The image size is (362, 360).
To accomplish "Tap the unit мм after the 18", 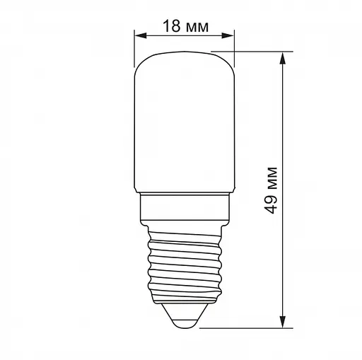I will pyautogui.click(x=197, y=27).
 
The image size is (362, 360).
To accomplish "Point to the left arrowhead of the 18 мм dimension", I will pyautogui.click(x=138, y=35).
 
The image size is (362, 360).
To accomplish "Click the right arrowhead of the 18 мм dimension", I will pyautogui.click(x=230, y=35).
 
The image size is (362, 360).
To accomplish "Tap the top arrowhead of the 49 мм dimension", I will pyautogui.click(x=285, y=55).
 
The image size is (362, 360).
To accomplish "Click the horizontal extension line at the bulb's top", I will pyautogui.click(x=255, y=50).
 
